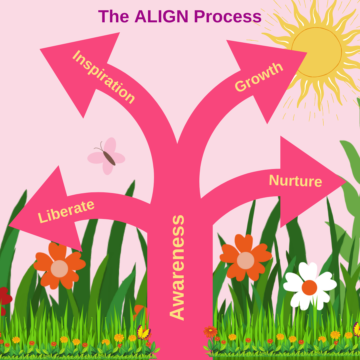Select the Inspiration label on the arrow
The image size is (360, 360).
point(104,77)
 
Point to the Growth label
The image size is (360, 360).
point(259,77)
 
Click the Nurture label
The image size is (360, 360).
point(295,180)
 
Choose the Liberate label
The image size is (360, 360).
point(66,212)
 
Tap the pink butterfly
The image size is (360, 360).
point(106,156)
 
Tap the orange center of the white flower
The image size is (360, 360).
point(309,287)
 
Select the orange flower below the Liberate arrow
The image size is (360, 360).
point(59,266)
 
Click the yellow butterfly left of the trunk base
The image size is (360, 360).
point(144,332)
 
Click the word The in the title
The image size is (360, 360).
point(114,16)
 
